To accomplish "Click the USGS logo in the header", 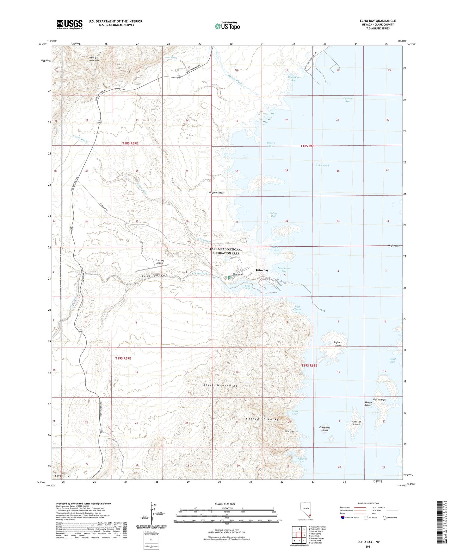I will click(x=70, y=24).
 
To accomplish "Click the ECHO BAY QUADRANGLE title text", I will click(x=378, y=21).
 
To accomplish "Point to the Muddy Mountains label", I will click(x=95, y=59).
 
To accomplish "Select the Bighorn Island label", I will click(x=338, y=344).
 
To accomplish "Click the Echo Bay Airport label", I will click(x=159, y=262).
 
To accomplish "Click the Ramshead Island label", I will click(x=324, y=429).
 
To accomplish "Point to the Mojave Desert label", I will click(x=217, y=193).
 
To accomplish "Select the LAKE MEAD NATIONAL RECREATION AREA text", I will click(x=226, y=251).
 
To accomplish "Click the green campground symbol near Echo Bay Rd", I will click(x=229, y=278).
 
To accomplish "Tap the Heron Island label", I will click(x=368, y=404).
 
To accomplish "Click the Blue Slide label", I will click(x=289, y=432).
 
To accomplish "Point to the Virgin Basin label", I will click(x=394, y=246).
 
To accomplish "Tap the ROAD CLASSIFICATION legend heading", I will click(x=368, y=503).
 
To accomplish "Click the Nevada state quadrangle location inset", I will click(x=305, y=510).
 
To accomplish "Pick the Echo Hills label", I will click(x=62, y=476).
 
